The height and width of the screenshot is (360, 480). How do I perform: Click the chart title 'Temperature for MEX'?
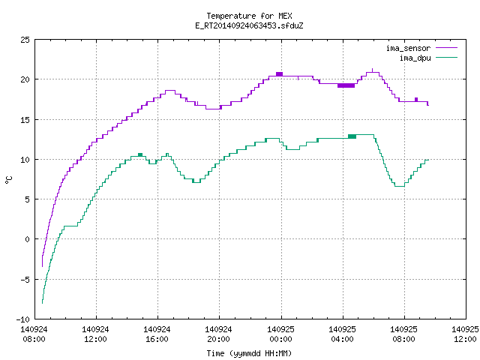[249, 16]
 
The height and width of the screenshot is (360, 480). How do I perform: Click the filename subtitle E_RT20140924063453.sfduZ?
[249, 25]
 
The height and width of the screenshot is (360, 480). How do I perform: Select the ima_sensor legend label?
[408, 48]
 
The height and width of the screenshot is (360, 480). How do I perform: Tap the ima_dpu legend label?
[415, 58]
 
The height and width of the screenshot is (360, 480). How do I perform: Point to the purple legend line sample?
[446, 48]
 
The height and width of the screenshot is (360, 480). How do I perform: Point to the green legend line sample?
[446, 58]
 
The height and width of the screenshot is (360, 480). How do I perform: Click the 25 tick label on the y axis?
[25, 40]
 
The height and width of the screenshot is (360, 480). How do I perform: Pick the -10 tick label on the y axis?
[22, 319]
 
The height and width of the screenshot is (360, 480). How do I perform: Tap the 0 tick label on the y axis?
[27, 239]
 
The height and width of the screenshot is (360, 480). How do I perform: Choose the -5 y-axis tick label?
[25, 280]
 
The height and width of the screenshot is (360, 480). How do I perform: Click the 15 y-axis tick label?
[25, 120]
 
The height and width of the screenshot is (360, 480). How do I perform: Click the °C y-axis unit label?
[8, 180]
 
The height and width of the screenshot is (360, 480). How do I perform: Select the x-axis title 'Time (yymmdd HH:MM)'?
[249, 353]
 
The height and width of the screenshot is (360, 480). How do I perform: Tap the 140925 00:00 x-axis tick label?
[280, 334]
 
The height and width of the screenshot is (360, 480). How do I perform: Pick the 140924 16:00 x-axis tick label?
[157, 334]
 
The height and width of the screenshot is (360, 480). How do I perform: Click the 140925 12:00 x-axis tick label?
[465, 334]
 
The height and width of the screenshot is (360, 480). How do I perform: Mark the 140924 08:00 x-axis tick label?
[34, 334]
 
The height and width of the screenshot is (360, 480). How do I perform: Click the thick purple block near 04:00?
[346, 85]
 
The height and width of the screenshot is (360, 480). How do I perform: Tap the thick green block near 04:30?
[352, 136]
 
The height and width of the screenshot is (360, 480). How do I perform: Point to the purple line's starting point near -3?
[42, 266]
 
